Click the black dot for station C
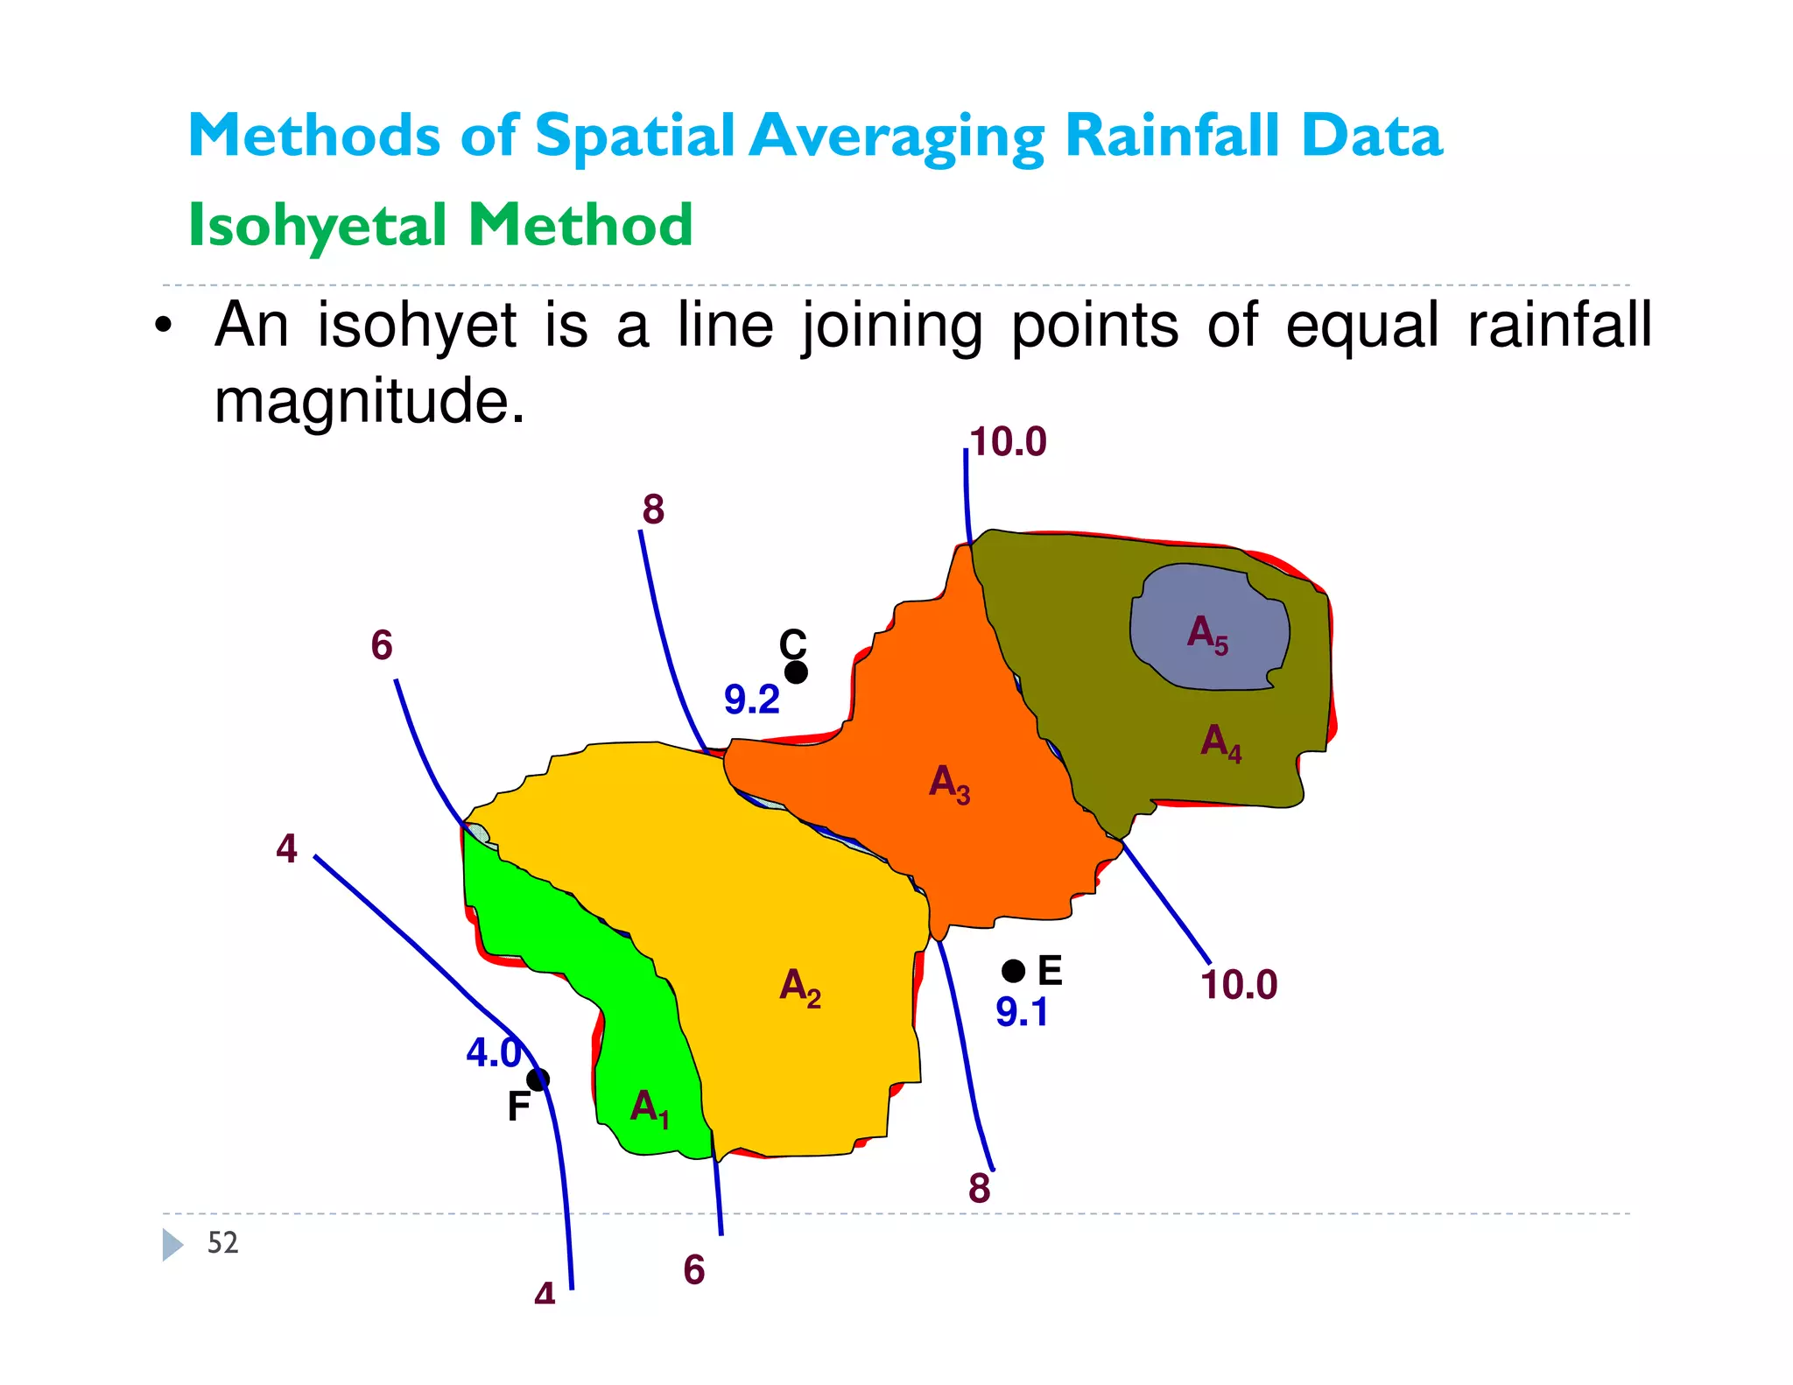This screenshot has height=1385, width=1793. tap(796, 672)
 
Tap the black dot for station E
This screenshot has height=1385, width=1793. tap(1013, 971)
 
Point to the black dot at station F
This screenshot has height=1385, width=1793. tap(538, 1079)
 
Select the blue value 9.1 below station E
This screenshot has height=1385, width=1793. tap(1022, 1013)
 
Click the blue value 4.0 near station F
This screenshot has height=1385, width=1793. tap(493, 1052)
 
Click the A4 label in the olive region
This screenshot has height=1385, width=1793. tap(1220, 743)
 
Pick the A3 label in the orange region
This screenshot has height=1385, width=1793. tap(949, 783)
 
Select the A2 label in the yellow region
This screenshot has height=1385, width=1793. tap(799, 988)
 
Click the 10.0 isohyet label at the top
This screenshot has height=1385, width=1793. tap(1008, 442)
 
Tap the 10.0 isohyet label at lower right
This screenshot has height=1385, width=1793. tap(1239, 985)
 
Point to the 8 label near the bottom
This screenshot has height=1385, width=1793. tap(979, 1189)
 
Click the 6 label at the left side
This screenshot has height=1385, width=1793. tap(382, 646)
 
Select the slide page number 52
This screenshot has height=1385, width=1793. tap(222, 1243)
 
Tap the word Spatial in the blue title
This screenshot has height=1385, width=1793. tap(634, 137)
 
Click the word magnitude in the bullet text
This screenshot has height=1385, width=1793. tap(369, 402)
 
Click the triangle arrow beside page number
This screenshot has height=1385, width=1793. tap(172, 1244)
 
